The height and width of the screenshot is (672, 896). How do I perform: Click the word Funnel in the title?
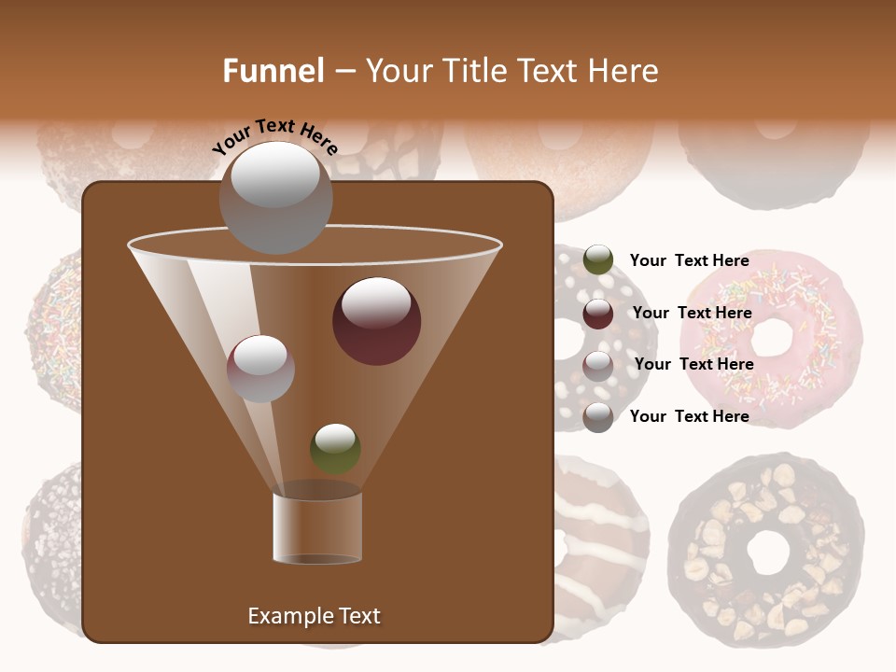coord(273,71)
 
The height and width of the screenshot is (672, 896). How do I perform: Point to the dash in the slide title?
coord(343,72)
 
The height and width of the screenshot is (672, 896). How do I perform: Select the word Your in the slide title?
coord(399,71)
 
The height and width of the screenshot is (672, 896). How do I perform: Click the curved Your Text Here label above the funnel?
coord(274,135)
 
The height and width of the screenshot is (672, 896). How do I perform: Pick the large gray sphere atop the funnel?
coord(276,197)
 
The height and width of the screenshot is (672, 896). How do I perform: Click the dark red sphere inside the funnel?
coord(376,320)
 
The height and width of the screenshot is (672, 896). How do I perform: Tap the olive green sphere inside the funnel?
coord(335,448)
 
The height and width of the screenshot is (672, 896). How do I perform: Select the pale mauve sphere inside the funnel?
coord(260,368)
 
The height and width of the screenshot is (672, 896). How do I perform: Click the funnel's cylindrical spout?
coord(317,527)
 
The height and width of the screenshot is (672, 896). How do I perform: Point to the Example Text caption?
coord(314,616)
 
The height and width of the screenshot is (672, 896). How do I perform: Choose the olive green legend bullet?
coord(598,260)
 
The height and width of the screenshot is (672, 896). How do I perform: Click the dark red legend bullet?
coord(598,314)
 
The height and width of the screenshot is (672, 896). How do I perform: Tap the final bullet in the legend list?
coord(598,417)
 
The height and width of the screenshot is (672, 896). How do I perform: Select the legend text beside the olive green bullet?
coord(689,260)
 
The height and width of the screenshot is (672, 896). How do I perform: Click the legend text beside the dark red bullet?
coord(692,313)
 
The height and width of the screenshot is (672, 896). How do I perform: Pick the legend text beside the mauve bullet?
coord(693,364)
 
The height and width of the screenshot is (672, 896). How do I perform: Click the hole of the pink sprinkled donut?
coord(771,336)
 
